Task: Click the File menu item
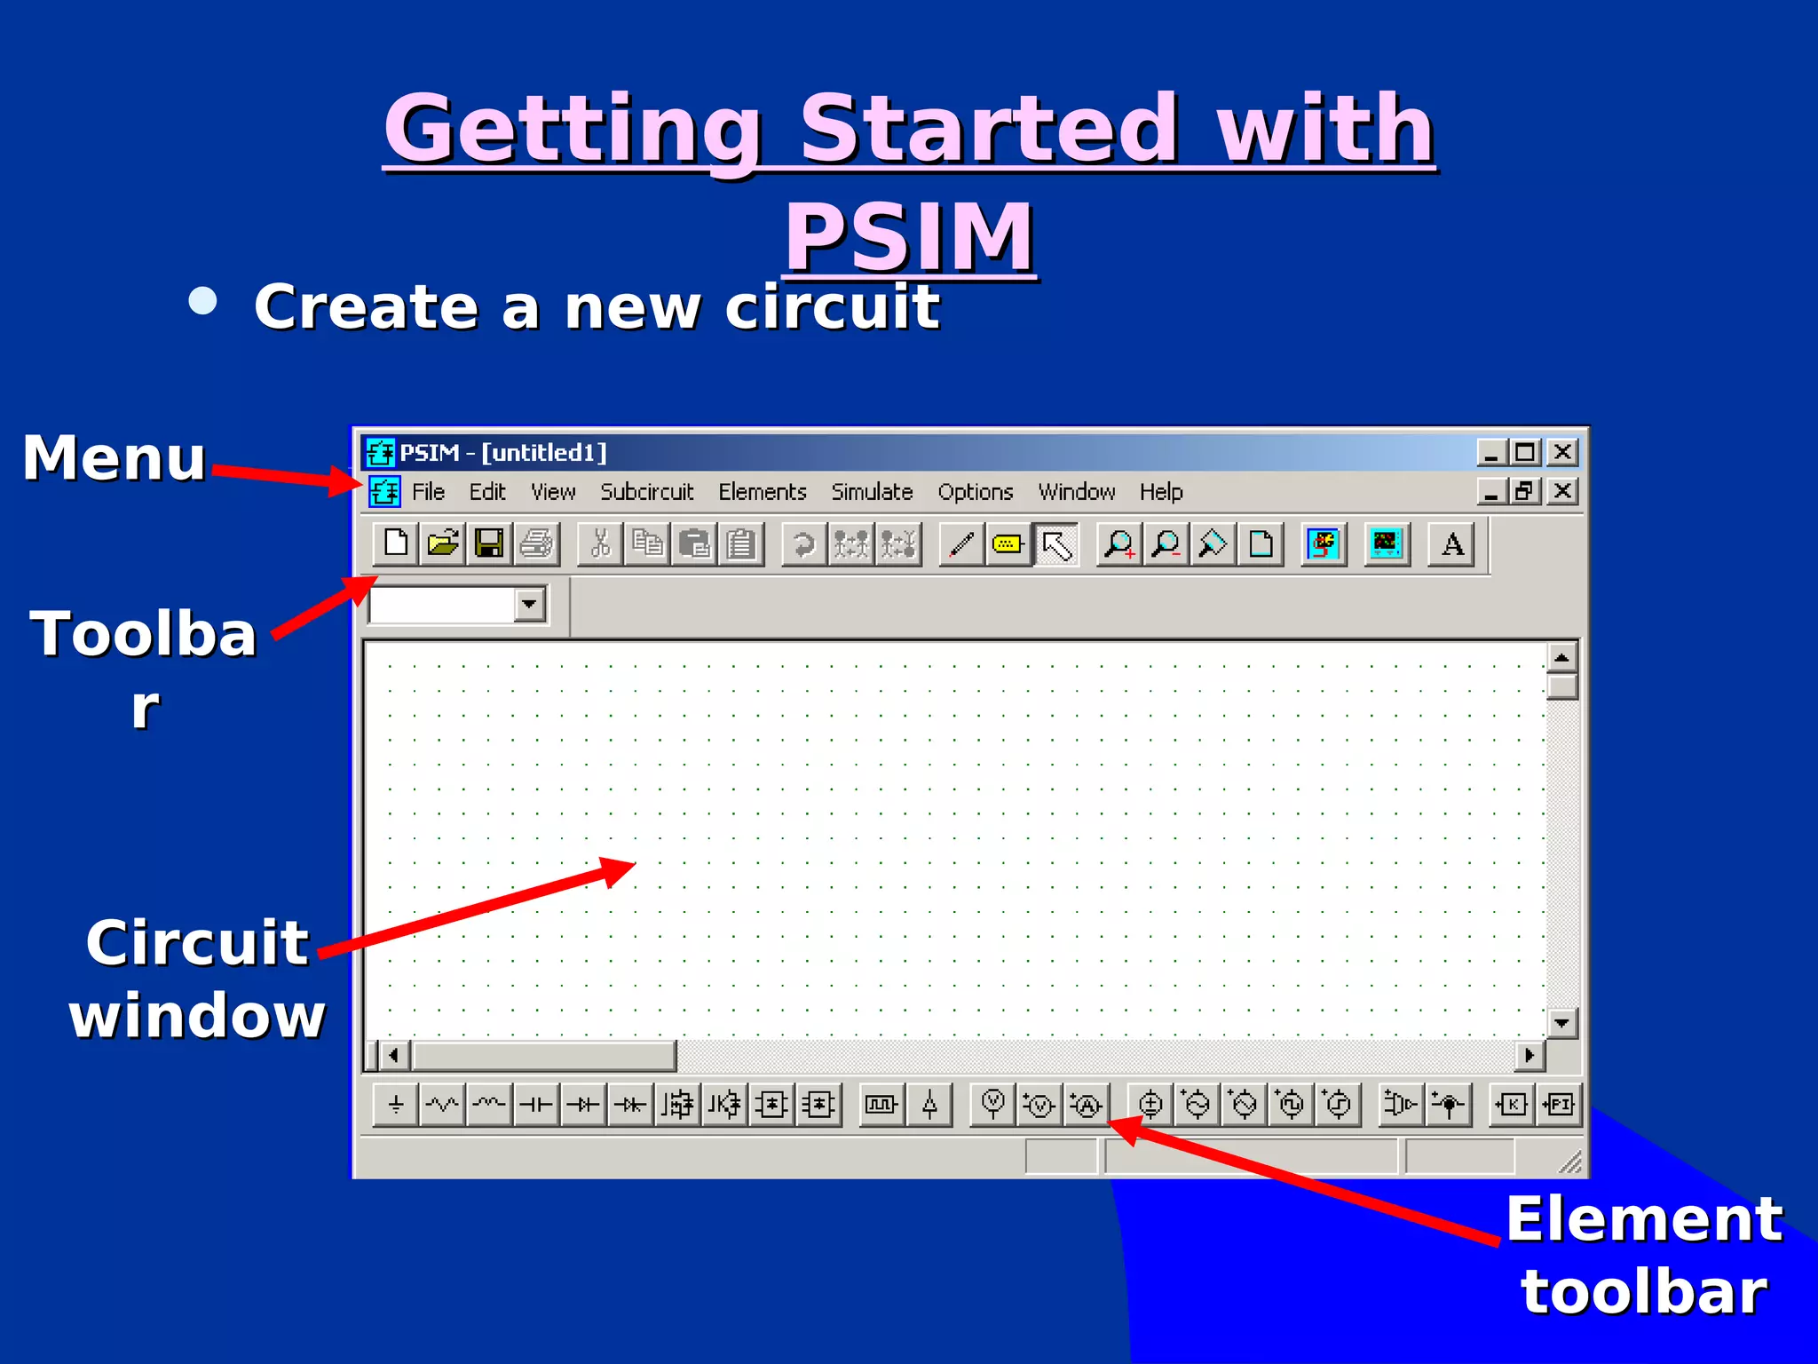click(x=428, y=492)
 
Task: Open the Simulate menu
click(x=872, y=492)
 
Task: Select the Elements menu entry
click(x=762, y=492)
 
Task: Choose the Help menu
click(x=1160, y=492)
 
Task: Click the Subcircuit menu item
click(x=646, y=492)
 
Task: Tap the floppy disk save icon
click(x=489, y=543)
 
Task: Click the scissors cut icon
click(x=601, y=543)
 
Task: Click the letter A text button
click(x=1452, y=543)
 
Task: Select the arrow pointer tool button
click(x=1055, y=544)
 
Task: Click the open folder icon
click(x=442, y=543)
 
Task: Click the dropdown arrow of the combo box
click(x=529, y=605)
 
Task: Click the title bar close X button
click(x=1562, y=453)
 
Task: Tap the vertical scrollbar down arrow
click(x=1561, y=1023)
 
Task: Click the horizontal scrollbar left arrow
click(x=394, y=1056)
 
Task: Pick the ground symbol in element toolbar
click(x=396, y=1105)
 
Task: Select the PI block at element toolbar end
click(x=1559, y=1105)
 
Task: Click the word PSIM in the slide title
click(x=909, y=236)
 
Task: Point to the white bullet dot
click(x=203, y=301)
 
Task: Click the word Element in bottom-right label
click(x=1644, y=1219)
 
